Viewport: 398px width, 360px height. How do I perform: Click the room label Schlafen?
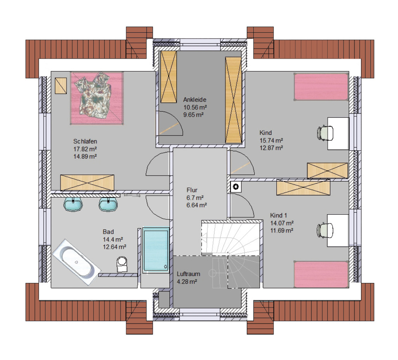pos(85,142)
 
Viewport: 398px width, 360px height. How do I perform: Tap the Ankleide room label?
pos(195,100)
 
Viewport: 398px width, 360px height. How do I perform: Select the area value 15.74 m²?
pos(271,140)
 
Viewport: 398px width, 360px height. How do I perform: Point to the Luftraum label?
pos(189,274)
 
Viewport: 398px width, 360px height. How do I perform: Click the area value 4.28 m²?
pos(187,281)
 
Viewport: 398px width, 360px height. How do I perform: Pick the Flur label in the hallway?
pos(192,190)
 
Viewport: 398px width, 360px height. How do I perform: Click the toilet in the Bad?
pos(122,264)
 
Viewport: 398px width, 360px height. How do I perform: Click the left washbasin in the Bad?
pos(73,204)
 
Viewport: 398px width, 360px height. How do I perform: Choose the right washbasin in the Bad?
pos(108,204)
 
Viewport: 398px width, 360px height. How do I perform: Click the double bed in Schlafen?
pos(97,98)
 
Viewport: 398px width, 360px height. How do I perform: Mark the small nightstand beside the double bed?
pos(61,86)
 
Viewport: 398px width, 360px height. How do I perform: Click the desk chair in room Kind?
pos(325,133)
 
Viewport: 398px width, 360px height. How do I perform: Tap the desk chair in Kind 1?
pos(325,230)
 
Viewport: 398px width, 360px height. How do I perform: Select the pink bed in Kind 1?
pos(321,274)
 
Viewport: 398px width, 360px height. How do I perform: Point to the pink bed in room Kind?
pos(321,87)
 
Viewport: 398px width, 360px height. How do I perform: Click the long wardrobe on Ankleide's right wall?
pos(233,100)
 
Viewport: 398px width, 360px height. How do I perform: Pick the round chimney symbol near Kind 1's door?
pos(236,187)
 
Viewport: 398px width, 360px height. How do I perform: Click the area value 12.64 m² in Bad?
pos(115,247)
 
